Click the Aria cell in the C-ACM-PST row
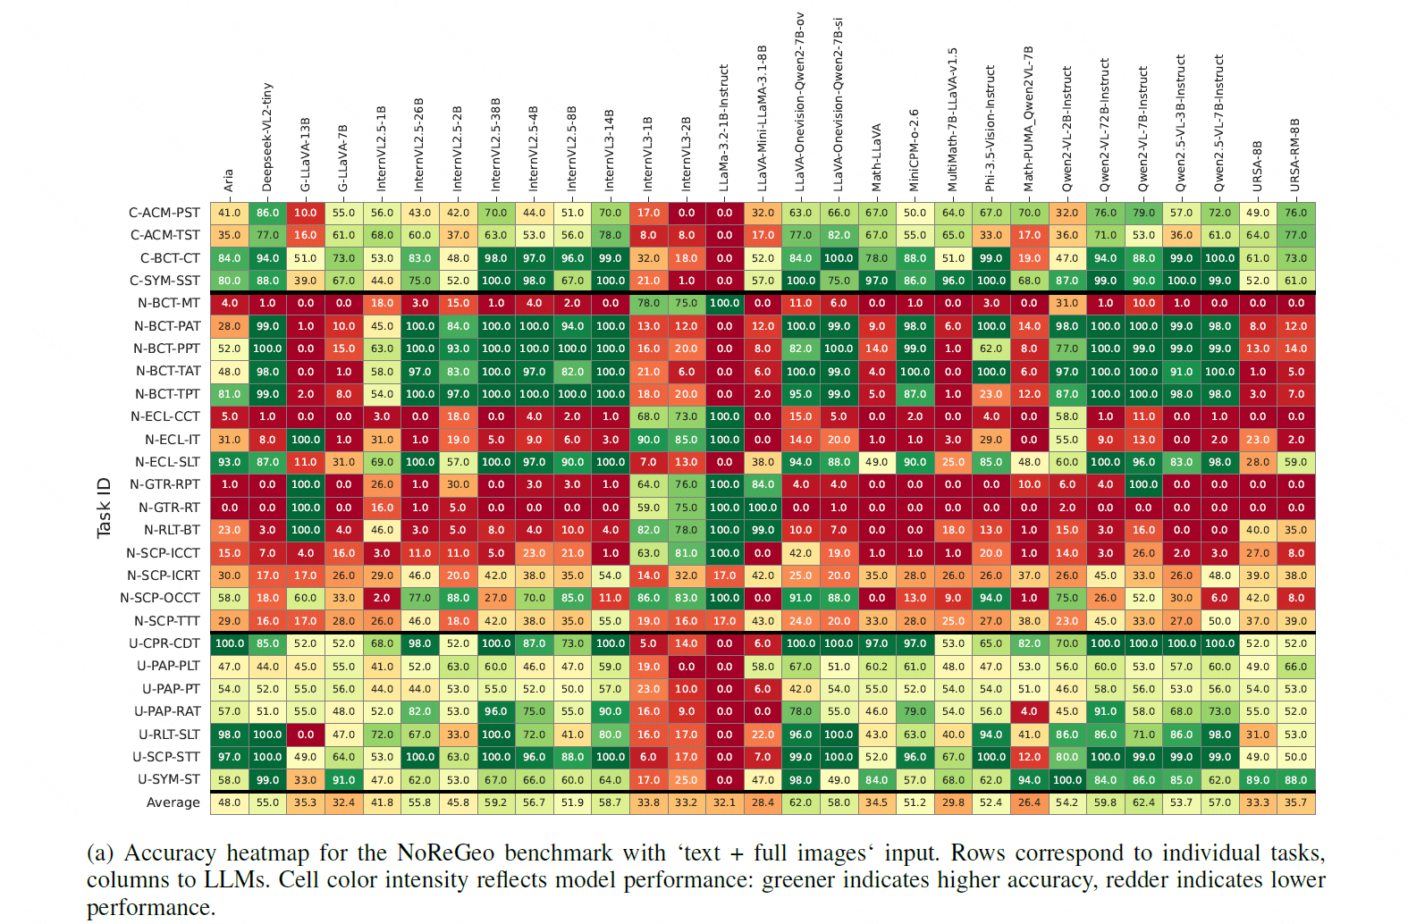coord(229,213)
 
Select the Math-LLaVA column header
coord(877,156)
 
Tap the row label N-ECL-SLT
coord(167,462)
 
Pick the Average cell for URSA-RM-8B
coord(1295,802)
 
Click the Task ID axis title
coord(104,508)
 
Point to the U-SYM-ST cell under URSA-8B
coord(1258,780)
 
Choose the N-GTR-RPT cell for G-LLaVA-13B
coord(306,484)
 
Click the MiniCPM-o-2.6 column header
coord(915,150)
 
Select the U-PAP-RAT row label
coord(167,711)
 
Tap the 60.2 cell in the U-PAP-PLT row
coord(877,667)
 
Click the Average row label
coord(173,802)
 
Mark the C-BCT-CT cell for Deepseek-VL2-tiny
coord(267,258)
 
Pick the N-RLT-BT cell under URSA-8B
coord(1258,530)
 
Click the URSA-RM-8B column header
coord(1295,154)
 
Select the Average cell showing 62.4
coord(1143,802)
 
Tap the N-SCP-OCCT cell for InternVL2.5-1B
coord(382,598)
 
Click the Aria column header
coord(229,180)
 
